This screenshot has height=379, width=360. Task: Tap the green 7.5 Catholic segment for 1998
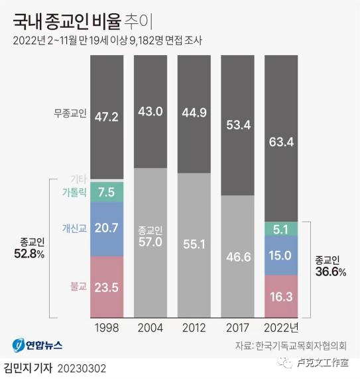click(107, 192)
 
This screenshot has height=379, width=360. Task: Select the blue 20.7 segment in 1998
click(107, 228)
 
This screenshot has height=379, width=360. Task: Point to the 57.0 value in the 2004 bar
click(150, 242)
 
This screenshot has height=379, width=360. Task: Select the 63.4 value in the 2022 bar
click(281, 140)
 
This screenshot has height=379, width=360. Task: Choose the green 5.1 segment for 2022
click(281, 229)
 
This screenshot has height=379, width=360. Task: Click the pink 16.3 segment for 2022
click(281, 295)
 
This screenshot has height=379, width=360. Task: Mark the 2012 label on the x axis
click(194, 327)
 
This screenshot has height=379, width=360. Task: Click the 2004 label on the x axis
click(150, 327)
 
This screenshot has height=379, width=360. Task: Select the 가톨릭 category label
click(74, 192)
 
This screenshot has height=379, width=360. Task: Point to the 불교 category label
click(78, 287)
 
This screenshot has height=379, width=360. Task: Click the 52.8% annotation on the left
click(29, 253)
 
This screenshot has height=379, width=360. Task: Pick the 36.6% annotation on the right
click(330, 272)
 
